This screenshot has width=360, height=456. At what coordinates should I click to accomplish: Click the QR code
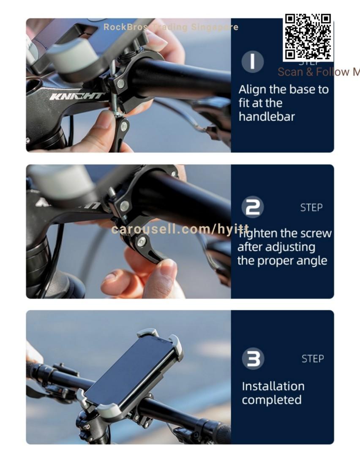point(308,37)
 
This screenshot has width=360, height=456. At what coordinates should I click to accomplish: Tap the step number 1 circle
point(253,62)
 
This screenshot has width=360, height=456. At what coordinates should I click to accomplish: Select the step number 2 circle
point(253,207)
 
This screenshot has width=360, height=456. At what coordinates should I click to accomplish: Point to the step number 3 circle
point(253,358)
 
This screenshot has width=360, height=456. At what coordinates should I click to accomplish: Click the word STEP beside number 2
point(311,208)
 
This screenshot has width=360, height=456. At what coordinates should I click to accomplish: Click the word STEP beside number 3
point(313,359)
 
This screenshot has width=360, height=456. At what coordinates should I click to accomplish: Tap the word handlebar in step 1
point(267,117)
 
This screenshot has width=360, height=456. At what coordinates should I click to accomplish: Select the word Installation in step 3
point(273,386)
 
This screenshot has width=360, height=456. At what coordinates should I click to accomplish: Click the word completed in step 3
point(272,400)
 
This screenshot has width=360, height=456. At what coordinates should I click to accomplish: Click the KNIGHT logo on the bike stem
point(76,96)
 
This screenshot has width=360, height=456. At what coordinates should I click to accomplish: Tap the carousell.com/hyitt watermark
point(180,229)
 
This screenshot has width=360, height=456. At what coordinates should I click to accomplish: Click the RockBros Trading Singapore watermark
point(171,27)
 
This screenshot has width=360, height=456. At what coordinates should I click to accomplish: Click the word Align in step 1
point(252,90)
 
